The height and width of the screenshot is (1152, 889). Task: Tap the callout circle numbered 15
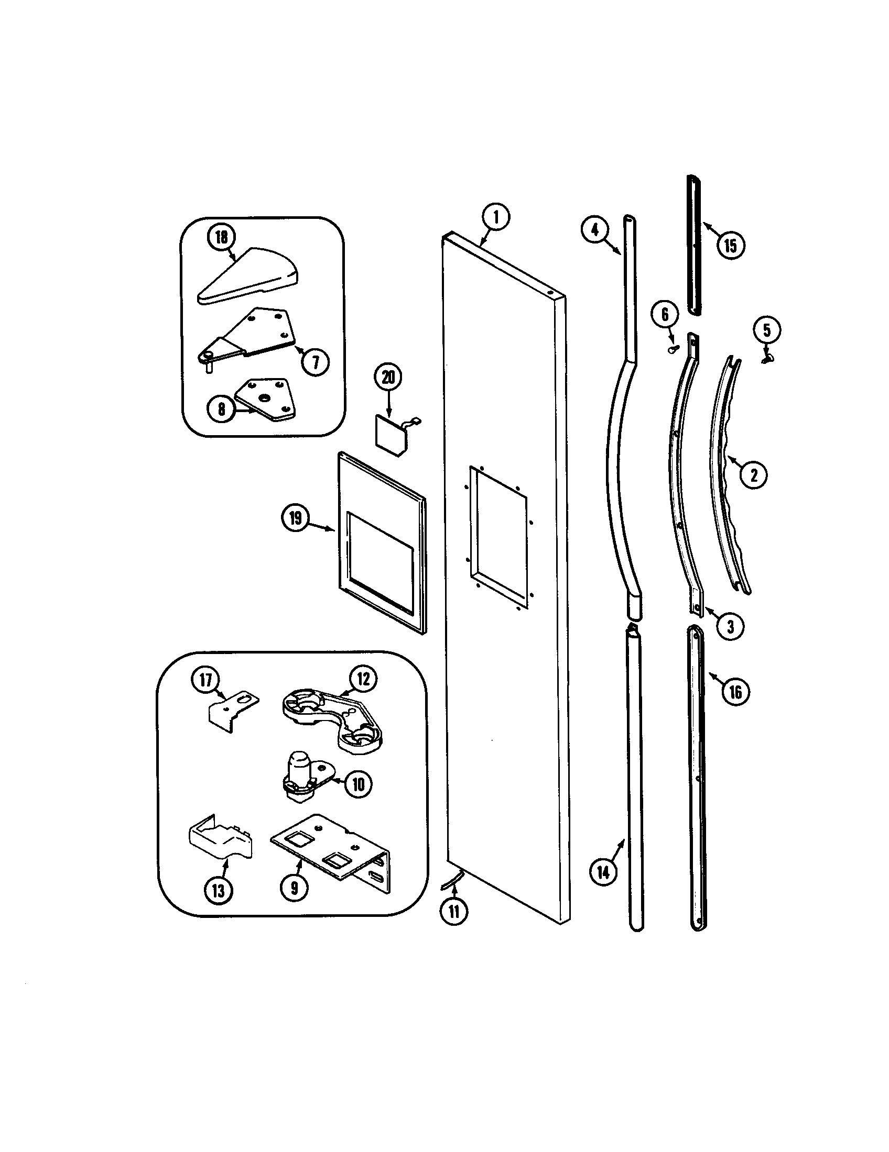[x=731, y=245]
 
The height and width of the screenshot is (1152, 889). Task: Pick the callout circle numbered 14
[x=603, y=872]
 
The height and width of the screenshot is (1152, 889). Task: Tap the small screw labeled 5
[x=766, y=358]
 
